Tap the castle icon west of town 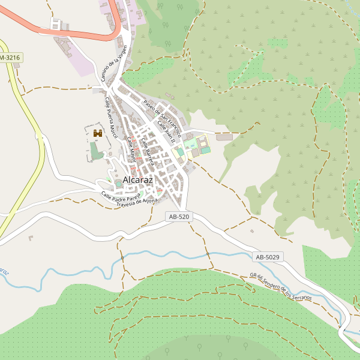[98, 132]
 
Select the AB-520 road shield [179, 217]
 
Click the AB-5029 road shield [268, 257]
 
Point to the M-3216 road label [9, 58]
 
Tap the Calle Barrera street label [148, 152]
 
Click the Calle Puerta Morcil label [111, 117]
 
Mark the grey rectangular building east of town [224, 137]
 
